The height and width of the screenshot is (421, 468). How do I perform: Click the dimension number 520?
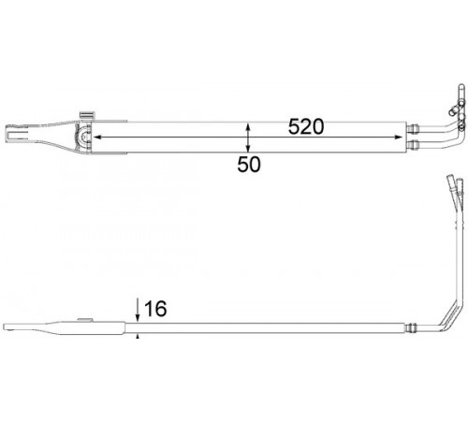click(306, 126)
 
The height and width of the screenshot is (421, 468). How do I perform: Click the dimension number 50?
click(249, 165)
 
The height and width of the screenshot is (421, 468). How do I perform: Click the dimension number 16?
click(155, 309)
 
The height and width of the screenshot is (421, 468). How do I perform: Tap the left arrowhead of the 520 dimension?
click(97, 137)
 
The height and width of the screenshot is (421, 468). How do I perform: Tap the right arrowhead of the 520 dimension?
click(399, 137)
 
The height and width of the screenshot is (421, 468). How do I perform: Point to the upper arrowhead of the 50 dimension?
click(248, 127)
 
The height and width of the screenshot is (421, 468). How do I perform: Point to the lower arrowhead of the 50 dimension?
click(248, 149)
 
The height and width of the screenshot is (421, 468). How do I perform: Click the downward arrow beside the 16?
click(138, 310)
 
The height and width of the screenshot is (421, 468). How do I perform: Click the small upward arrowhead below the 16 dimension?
click(138, 336)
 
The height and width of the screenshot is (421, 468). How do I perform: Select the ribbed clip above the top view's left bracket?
click(87, 114)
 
